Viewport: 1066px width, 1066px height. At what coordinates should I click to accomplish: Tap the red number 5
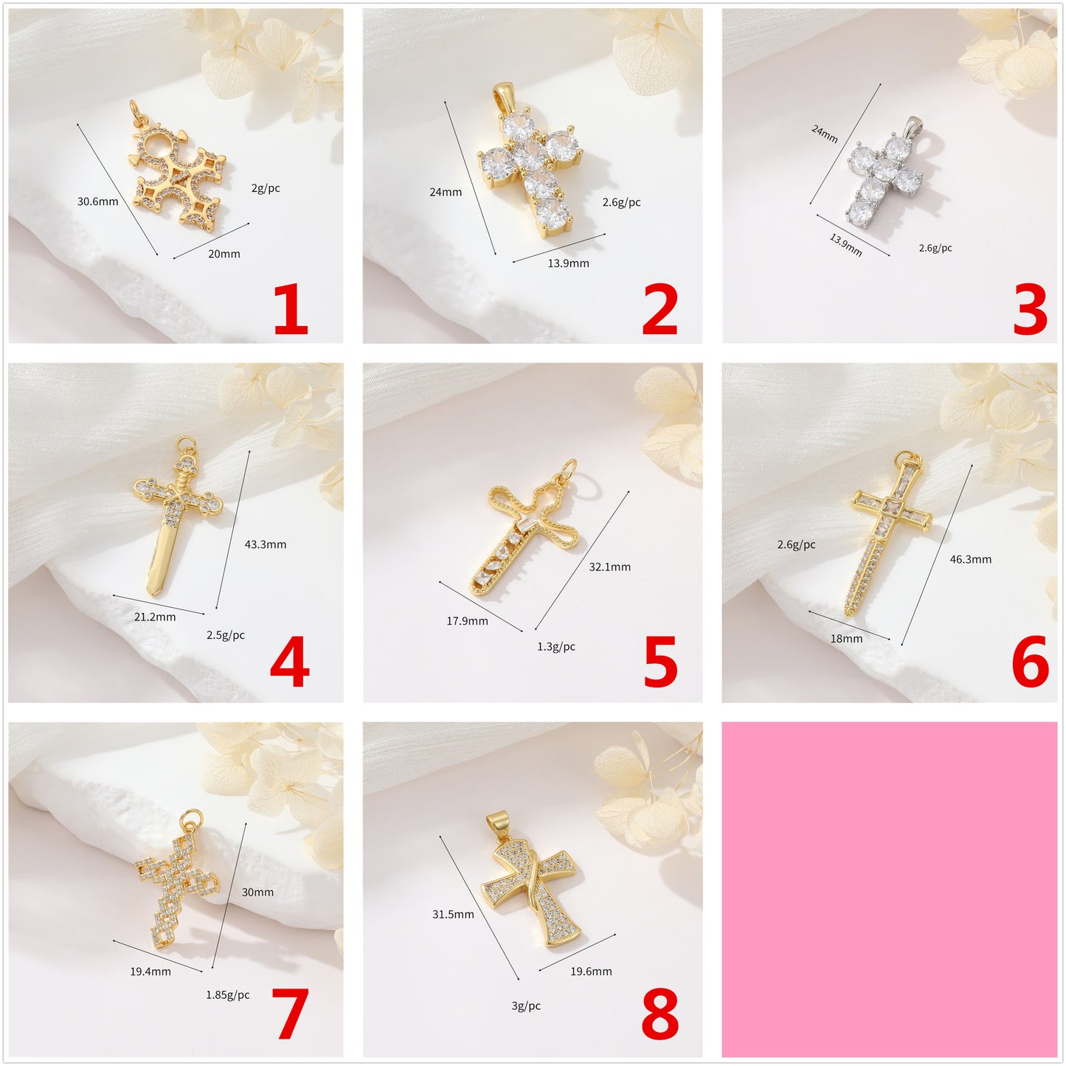coord(660,662)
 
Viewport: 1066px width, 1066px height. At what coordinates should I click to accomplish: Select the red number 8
coord(660,1015)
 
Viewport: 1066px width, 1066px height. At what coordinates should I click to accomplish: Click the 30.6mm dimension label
coord(97,201)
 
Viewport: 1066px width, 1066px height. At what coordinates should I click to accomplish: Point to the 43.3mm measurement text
coord(265,544)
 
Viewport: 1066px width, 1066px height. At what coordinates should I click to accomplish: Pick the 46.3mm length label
coord(970,559)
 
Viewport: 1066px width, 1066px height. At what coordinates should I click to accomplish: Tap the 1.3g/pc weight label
coord(556,647)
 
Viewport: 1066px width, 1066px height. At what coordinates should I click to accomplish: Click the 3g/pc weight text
coord(526,1006)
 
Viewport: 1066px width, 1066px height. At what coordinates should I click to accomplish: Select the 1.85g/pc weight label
coord(227,995)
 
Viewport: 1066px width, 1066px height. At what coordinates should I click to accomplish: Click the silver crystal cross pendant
coord(884,176)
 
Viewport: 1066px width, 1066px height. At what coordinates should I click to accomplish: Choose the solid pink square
coord(889,889)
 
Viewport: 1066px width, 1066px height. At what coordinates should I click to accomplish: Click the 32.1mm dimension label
coord(609,567)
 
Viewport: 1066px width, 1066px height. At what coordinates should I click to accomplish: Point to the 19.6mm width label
coord(591,972)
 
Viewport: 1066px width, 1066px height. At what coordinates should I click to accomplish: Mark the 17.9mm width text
coord(467,621)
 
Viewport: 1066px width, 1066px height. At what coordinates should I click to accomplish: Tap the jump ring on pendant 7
coord(193,817)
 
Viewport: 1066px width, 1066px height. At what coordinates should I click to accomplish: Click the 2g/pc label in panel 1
coord(266,188)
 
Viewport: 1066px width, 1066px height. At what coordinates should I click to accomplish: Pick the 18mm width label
coord(846,639)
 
